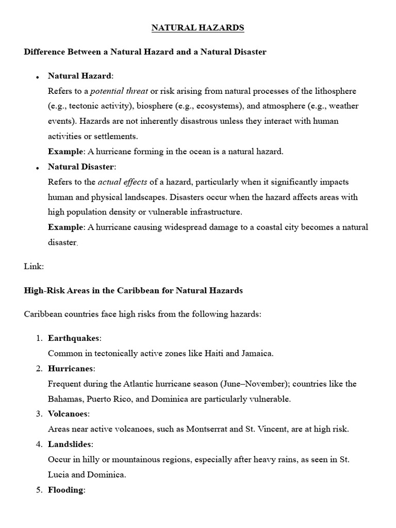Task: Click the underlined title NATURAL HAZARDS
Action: point(197,28)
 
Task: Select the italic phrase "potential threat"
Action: point(119,91)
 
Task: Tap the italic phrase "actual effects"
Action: point(119,182)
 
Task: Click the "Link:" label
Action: point(34,266)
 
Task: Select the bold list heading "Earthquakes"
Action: point(74,338)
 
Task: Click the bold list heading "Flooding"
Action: point(66,490)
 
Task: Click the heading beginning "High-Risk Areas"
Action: point(133,291)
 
